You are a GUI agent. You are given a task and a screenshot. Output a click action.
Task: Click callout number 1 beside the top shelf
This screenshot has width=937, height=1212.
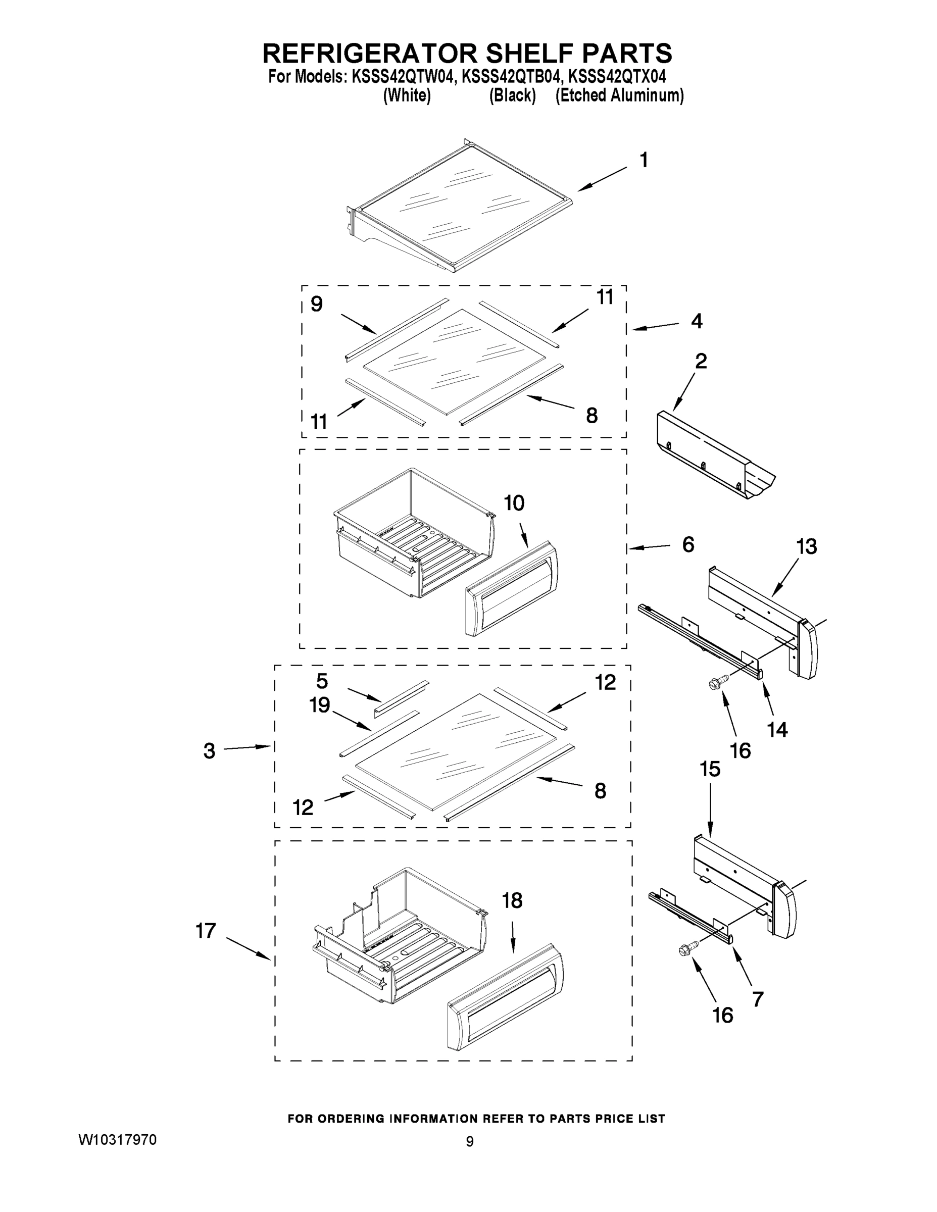pyautogui.click(x=644, y=161)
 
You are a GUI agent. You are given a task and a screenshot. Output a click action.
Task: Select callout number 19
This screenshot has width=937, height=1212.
pyautogui.click(x=320, y=705)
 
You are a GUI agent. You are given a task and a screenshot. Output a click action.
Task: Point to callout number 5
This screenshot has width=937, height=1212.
pyautogui.click(x=322, y=681)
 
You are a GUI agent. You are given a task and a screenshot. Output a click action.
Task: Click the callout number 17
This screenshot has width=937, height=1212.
pyautogui.click(x=206, y=931)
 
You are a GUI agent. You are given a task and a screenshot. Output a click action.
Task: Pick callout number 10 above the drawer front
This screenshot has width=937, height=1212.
pyautogui.click(x=514, y=503)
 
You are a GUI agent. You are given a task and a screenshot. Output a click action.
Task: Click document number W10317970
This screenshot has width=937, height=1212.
pyautogui.click(x=117, y=1140)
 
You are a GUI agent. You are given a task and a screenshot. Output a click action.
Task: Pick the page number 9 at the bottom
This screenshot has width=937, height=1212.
pyautogui.click(x=470, y=1141)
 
